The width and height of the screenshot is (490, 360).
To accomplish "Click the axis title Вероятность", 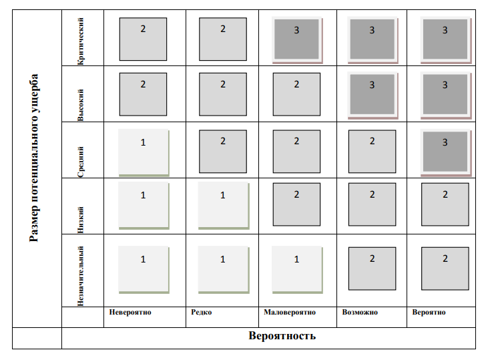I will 282,335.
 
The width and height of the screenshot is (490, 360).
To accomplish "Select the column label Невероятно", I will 131,313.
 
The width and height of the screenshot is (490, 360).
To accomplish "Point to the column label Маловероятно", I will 290,313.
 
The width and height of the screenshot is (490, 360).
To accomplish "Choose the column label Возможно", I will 360,313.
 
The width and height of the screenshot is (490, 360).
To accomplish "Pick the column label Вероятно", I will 429,313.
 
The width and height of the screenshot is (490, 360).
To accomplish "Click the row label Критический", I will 81,41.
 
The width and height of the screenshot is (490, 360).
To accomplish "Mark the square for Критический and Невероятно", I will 143,39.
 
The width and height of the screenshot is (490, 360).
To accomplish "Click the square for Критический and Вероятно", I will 445,39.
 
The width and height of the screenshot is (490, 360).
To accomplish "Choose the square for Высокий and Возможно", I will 372,95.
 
